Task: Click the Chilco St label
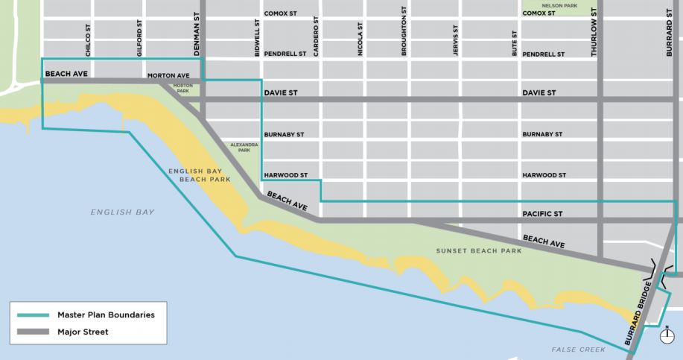tap(87, 38)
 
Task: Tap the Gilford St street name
tap(139, 38)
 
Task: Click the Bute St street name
tap(514, 44)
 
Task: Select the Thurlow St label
tap(594, 34)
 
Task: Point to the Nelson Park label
tap(559, 6)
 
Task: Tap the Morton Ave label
tap(168, 75)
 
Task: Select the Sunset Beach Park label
tap(479, 250)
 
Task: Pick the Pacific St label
tap(543, 214)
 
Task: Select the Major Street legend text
tap(83, 332)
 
